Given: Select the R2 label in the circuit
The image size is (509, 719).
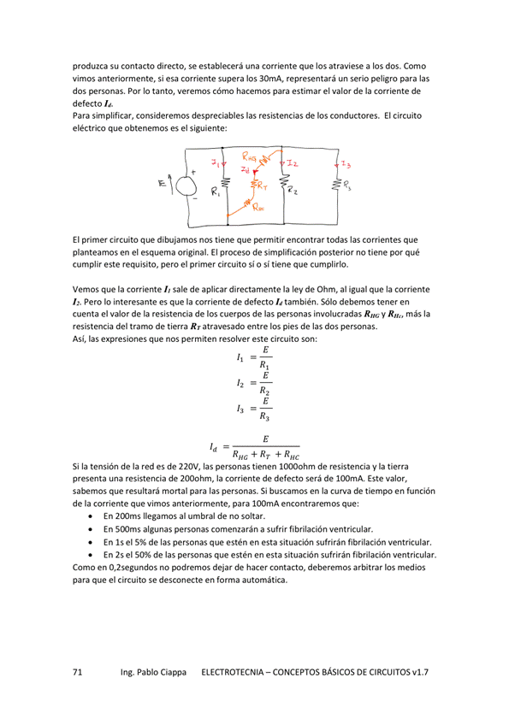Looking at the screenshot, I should (293, 192).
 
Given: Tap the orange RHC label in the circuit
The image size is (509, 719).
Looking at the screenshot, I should (257, 206).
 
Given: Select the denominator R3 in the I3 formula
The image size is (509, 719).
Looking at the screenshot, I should (266, 419).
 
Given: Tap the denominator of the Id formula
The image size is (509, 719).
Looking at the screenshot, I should (265, 455).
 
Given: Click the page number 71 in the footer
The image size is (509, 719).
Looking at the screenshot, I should (77, 673).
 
